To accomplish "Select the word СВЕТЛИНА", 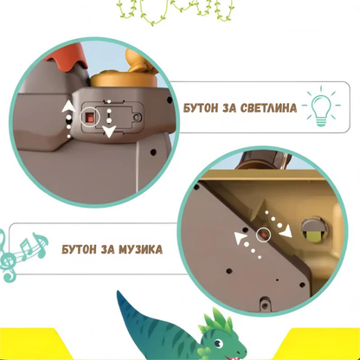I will tap(263, 109).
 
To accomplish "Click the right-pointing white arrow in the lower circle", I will tap(274, 217).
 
